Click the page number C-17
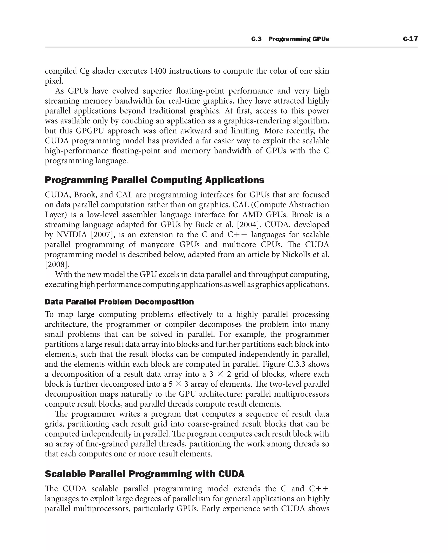click(410, 39)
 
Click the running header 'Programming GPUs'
click(299, 39)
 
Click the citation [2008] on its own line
click(57, 265)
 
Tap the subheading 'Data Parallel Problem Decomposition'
click(119, 302)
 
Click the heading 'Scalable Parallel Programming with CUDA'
click(145, 474)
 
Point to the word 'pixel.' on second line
click(54, 81)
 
